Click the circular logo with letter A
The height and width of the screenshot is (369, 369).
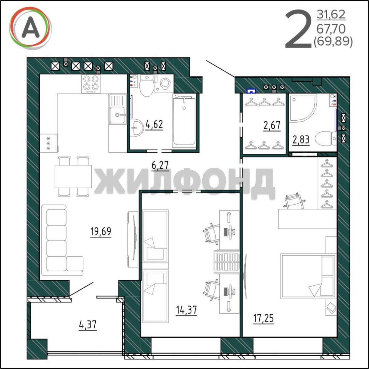click(30, 28)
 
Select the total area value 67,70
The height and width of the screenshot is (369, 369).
click(331, 29)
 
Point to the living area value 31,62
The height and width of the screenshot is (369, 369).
click(331, 14)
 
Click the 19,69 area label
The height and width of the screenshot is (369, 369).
click(101, 231)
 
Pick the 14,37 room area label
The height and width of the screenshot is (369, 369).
click(187, 310)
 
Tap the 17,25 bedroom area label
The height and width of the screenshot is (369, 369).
click(263, 318)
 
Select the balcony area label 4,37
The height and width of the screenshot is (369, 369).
click(88, 325)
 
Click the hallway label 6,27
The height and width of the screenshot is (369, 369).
click(160, 165)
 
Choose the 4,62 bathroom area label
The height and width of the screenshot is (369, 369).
click(154, 124)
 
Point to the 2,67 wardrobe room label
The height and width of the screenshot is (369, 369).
click(272, 125)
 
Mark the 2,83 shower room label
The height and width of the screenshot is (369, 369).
click(301, 139)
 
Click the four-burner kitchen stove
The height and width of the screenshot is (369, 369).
click(91, 84)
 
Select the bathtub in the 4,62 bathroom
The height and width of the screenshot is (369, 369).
click(184, 121)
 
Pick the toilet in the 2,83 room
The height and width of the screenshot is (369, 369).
click(326, 139)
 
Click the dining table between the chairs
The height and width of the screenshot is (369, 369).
click(73, 176)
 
